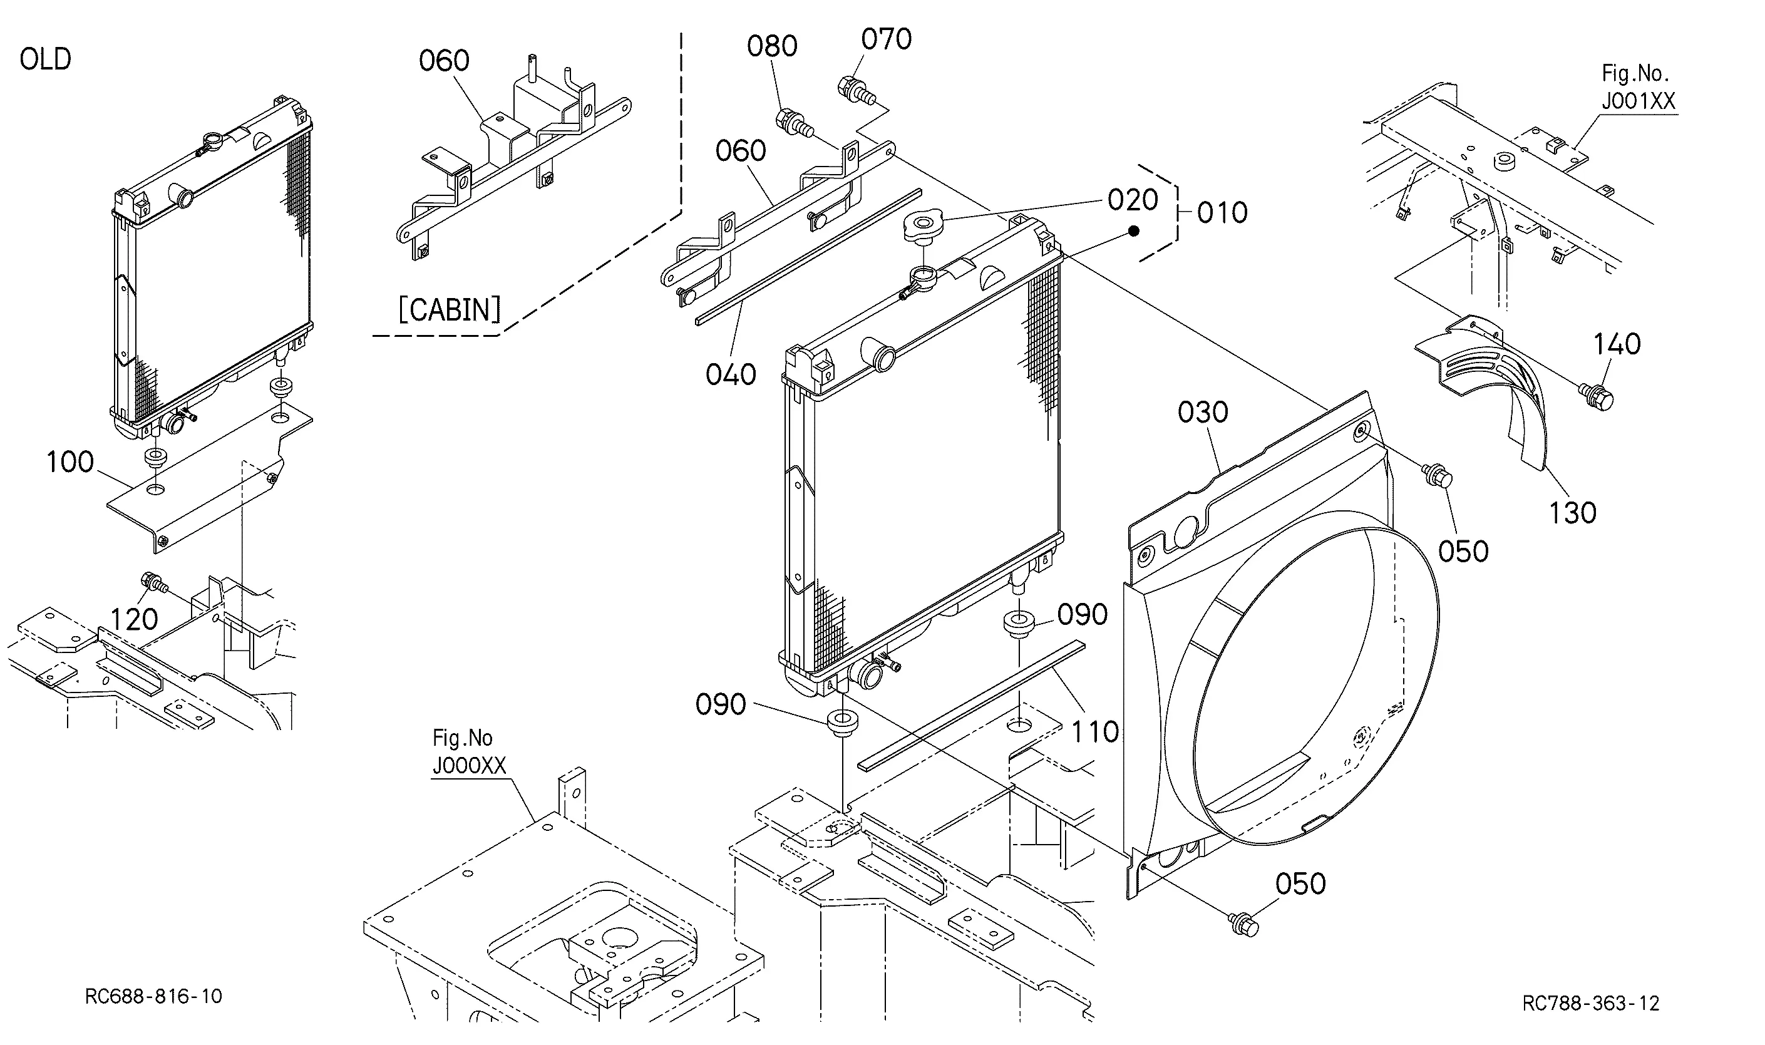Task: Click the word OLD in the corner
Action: [x=45, y=59]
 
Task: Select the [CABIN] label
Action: [x=449, y=309]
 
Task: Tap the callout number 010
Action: [x=1222, y=213]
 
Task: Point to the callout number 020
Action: [x=1133, y=200]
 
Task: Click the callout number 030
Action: [x=1203, y=412]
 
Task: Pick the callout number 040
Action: [x=731, y=374]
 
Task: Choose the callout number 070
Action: [x=887, y=39]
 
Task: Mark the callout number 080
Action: [x=773, y=46]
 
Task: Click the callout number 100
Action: [x=69, y=462]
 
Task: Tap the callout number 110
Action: [x=1095, y=732]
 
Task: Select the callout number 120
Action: [x=134, y=620]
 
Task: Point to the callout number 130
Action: [x=1572, y=513]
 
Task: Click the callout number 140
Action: [x=1617, y=344]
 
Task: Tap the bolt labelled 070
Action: [x=855, y=90]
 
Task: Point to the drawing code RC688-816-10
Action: [x=153, y=996]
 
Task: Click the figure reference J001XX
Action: [x=1639, y=101]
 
